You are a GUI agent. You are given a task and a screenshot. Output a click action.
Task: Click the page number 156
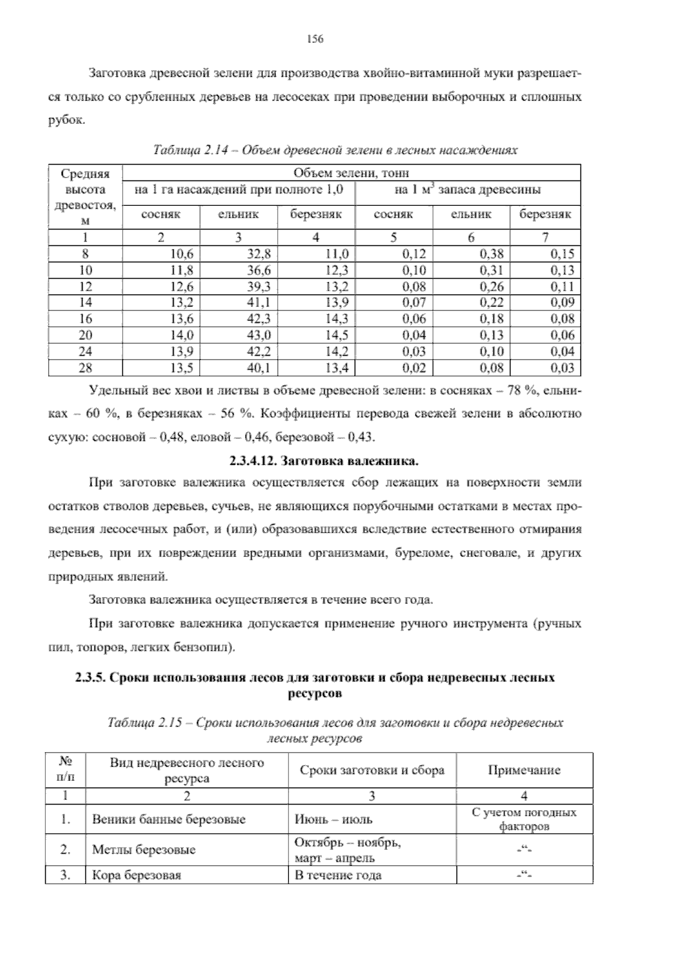coord(315,39)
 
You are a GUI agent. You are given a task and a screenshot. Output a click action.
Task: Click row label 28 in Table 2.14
coord(85,368)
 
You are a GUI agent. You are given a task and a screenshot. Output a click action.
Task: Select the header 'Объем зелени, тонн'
coord(351,173)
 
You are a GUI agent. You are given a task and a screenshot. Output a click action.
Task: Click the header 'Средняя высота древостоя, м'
coord(85,197)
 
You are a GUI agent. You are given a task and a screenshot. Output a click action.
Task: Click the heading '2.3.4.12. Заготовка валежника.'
coord(324,461)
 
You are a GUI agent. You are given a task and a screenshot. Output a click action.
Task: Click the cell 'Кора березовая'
coord(136,876)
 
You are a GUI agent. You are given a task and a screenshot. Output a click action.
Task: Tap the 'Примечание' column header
coord(524,770)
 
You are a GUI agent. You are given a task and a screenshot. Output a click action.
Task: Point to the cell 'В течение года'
coord(338,876)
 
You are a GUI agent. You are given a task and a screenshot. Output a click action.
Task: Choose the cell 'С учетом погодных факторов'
coord(524,819)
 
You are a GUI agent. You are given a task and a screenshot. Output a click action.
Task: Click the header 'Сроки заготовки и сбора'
coord(372,770)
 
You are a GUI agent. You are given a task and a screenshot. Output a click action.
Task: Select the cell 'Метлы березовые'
coord(144,850)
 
